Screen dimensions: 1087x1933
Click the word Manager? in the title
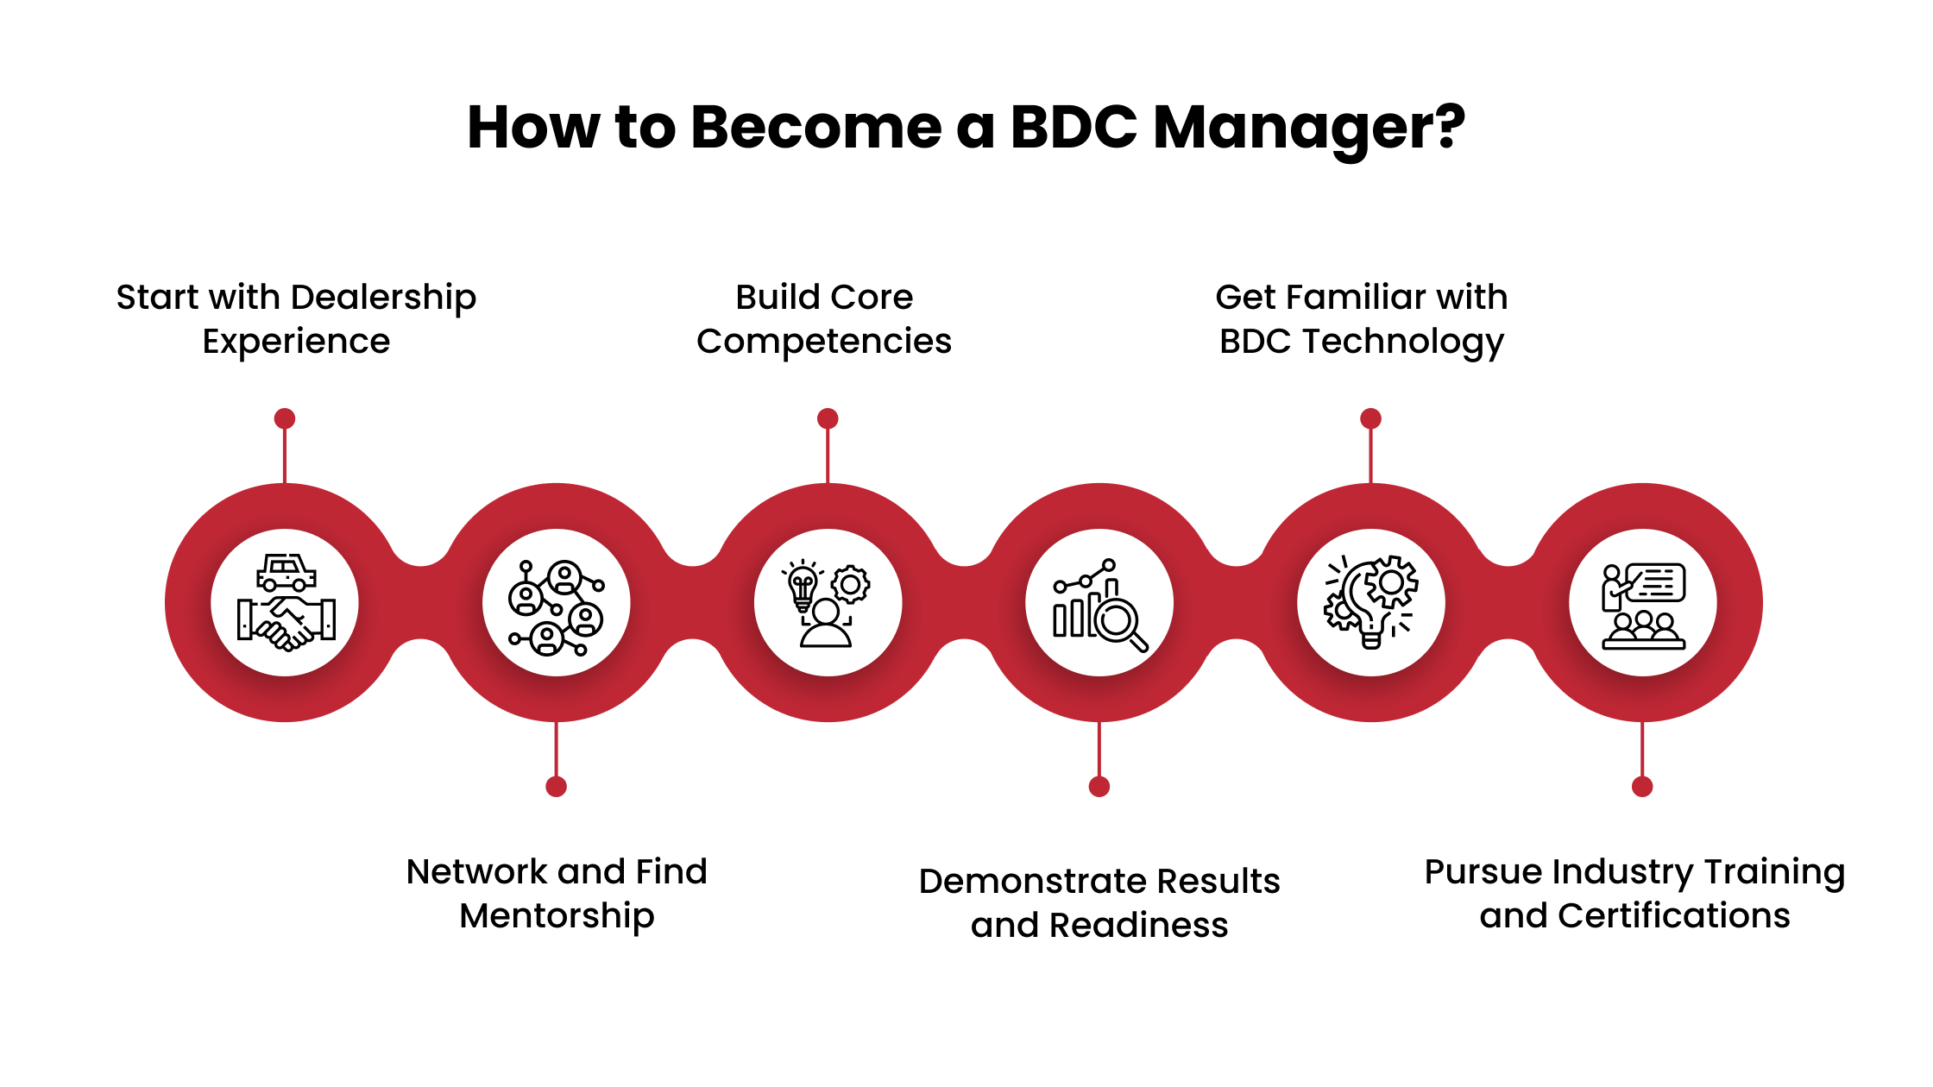(1308, 129)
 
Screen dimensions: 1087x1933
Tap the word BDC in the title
(1074, 129)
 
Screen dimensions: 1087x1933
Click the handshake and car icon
(286, 602)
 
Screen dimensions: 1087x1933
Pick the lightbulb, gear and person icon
(828, 603)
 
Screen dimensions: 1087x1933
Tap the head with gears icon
(1370, 601)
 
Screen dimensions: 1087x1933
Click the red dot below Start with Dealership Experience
(285, 418)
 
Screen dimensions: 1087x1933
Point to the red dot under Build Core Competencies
(828, 418)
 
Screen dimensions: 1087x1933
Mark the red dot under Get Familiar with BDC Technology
(1370, 418)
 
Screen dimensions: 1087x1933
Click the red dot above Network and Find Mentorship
(557, 786)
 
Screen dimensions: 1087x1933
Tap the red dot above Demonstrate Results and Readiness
(1099, 786)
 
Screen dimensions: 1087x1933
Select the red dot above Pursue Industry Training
(1642, 786)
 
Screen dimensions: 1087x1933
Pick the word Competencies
(824, 342)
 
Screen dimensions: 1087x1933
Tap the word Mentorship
(557, 916)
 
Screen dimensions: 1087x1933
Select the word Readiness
(1138, 926)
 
